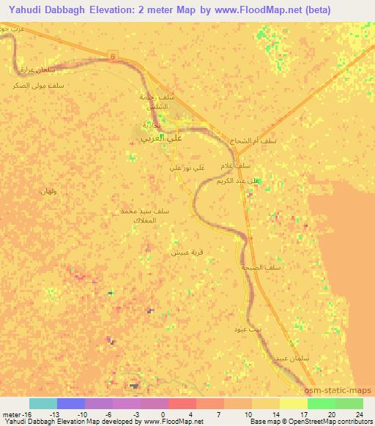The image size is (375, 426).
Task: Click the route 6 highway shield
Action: point(113,56)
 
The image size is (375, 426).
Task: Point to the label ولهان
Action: point(48,190)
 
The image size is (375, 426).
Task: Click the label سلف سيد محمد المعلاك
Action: point(146,215)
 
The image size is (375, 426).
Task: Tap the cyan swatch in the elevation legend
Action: point(43,403)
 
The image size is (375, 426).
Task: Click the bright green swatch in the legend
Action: point(322,403)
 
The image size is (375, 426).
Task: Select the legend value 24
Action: point(358,414)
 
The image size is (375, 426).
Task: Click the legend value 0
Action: point(162,414)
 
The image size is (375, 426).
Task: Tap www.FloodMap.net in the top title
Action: point(259,10)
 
